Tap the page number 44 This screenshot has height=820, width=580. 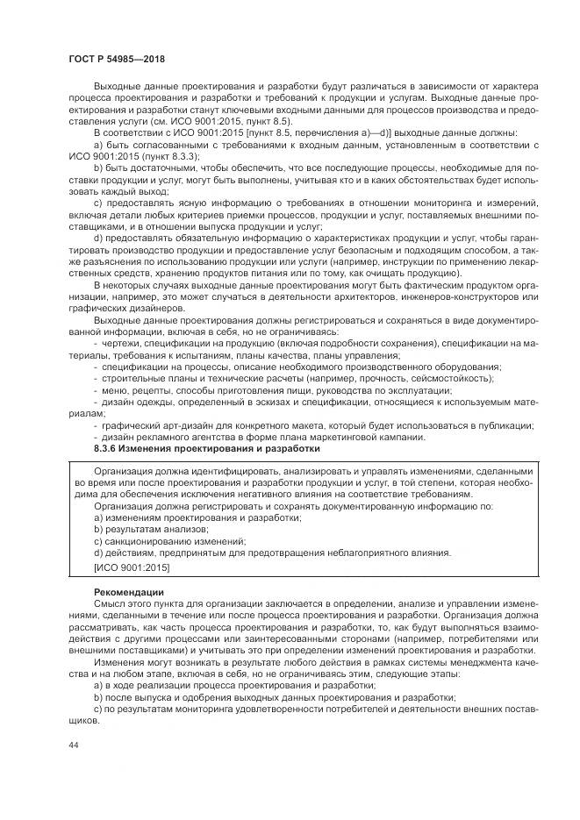72,744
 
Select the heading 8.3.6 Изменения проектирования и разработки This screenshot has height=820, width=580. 206,448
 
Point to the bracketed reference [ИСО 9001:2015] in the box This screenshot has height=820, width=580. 132,567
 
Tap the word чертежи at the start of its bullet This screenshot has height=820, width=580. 120,343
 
